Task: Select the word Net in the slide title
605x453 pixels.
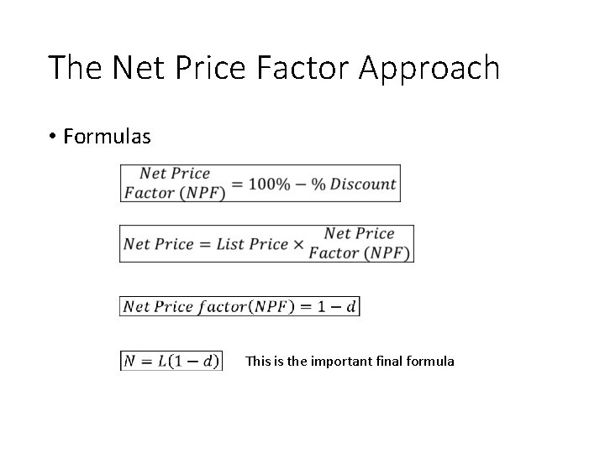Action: pos(127,67)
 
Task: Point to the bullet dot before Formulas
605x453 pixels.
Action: pos(52,137)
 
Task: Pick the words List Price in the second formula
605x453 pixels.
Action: pos(252,244)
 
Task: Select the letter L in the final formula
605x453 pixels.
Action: pos(163,362)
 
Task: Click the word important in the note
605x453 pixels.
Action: pos(339,362)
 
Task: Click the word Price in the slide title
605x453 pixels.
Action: pos(208,67)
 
